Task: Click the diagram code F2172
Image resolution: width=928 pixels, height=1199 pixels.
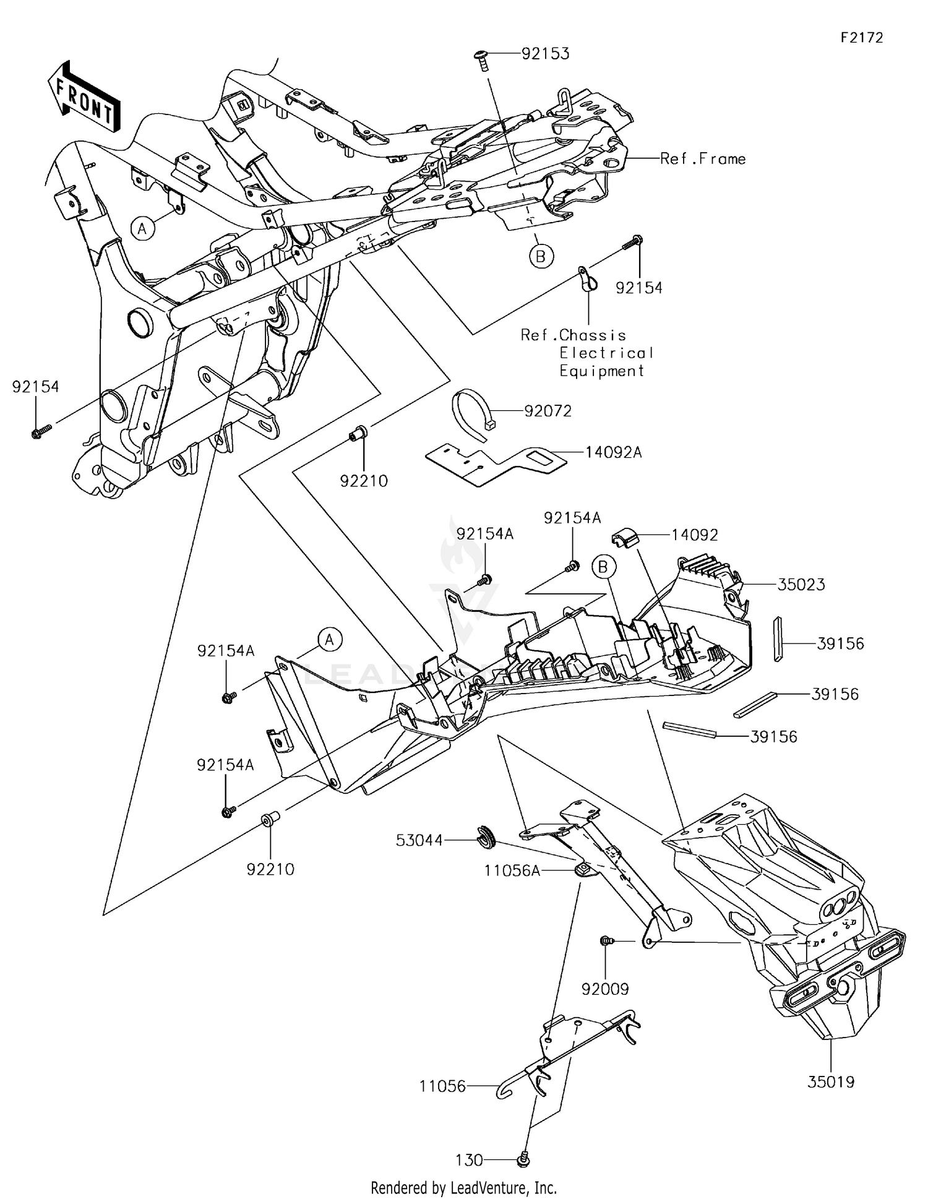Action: tap(862, 38)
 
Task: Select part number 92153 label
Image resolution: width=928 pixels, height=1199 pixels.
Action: tap(545, 54)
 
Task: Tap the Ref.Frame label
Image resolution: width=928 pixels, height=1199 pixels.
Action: tap(703, 159)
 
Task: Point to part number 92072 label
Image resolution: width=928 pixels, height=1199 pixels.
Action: tap(548, 411)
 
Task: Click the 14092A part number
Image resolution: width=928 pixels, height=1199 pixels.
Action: tap(614, 453)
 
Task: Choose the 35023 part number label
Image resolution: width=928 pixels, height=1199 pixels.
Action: tap(801, 585)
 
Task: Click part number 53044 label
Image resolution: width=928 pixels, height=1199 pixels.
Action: tap(420, 840)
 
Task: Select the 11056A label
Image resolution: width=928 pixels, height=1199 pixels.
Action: tap(512, 871)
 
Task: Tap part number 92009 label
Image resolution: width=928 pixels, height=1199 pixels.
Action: tap(604, 989)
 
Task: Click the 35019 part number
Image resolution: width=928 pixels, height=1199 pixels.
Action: tap(831, 1082)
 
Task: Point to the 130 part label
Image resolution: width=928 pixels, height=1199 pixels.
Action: tap(469, 1161)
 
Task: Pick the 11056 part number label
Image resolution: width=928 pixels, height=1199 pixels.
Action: tap(443, 1086)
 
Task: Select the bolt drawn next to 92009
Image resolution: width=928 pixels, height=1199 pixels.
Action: tap(606, 941)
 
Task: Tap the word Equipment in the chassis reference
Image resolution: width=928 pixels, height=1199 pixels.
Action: tap(602, 371)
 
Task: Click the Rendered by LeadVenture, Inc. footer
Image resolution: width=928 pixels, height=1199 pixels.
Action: tap(464, 1188)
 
